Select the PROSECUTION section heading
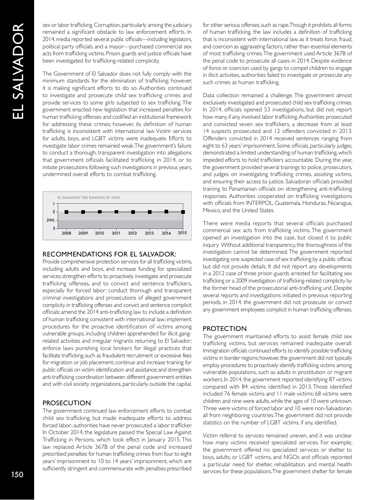click(x=67, y=403)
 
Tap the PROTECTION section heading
click(x=224, y=328)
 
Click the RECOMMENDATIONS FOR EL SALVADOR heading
click(x=109, y=254)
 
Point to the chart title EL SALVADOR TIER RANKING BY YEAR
click(x=89, y=198)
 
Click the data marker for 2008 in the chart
click(x=66, y=212)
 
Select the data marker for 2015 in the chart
click(x=183, y=212)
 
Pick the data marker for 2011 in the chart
click(x=116, y=212)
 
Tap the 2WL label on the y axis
click(x=50, y=220)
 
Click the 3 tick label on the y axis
click(x=54, y=228)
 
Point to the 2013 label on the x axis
click(x=149, y=233)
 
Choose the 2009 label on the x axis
click(x=83, y=233)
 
